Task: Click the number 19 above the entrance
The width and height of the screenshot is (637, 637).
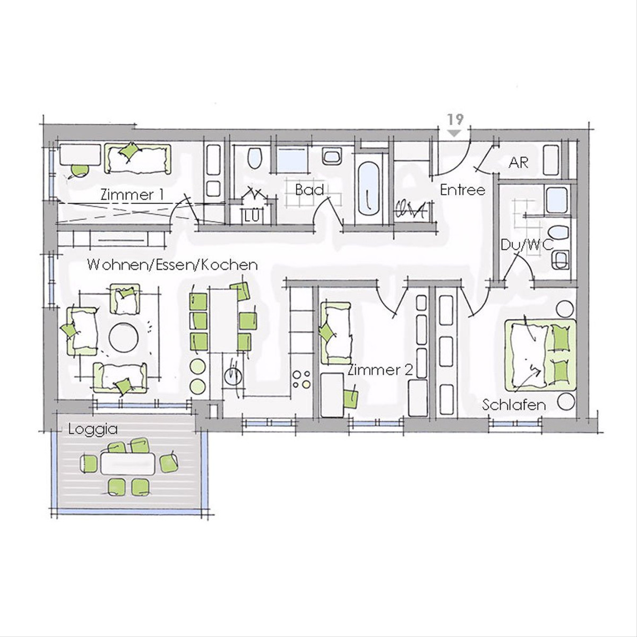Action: (457, 119)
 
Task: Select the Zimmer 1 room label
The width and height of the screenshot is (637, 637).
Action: (132, 194)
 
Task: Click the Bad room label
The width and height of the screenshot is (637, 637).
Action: (309, 190)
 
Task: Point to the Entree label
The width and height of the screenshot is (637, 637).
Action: (462, 190)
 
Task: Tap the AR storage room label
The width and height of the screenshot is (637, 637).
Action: (519, 162)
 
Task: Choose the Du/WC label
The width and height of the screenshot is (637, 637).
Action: (527, 245)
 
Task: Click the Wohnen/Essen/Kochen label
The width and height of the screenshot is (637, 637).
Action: (172, 265)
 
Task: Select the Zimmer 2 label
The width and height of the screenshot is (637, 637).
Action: (380, 370)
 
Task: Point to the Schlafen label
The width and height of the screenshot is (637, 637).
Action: (514, 404)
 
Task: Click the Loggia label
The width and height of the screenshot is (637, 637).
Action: (93, 430)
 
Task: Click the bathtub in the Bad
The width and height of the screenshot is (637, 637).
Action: (369, 189)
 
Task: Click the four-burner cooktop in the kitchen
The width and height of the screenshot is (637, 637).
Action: (302, 379)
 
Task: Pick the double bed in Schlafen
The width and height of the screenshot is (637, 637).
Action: (540, 355)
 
